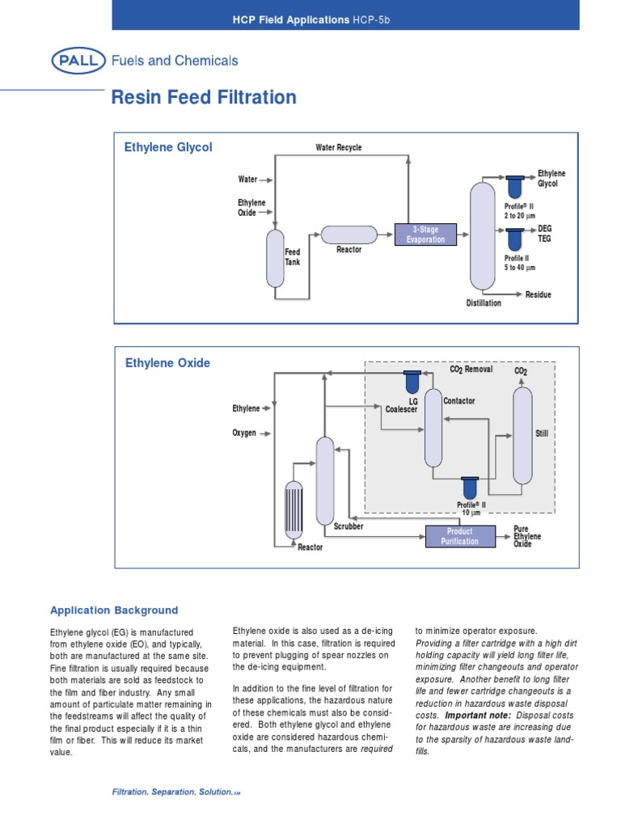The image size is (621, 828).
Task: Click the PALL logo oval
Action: [x=78, y=61]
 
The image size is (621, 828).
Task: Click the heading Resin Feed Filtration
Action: [x=203, y=99]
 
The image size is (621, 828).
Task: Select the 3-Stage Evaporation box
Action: [x=425, y=234]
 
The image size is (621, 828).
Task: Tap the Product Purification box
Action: [x=458, y=536]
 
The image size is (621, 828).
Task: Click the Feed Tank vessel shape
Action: [x=275, y=258]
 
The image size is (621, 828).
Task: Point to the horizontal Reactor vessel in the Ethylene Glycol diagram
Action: [x=349, y=234]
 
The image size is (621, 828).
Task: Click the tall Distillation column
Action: [x=482, y=237]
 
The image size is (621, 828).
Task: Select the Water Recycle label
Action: [x=338, y=148]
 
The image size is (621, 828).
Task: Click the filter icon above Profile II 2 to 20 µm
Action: [x=514, y=187]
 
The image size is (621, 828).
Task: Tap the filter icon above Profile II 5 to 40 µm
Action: [x=514, y=239]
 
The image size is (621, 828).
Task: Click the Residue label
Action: [x=538, y=295]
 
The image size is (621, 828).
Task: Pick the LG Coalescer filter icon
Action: [x=412, y=382]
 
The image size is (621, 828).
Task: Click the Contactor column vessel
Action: [x=434, y=429]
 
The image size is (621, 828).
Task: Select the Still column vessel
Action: [x=522, y=435]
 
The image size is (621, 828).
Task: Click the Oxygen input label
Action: [x=244, y=433]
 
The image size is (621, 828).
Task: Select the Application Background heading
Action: [x=114, y=610]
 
